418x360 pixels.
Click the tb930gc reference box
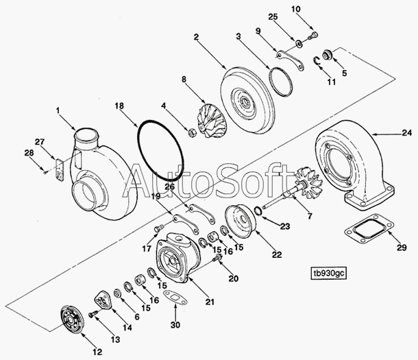(329, 274)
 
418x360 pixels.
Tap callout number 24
(407, 132)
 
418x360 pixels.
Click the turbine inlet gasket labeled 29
(369, 228)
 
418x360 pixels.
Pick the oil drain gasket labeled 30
(175, 297)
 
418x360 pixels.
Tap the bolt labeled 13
(93, 314)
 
